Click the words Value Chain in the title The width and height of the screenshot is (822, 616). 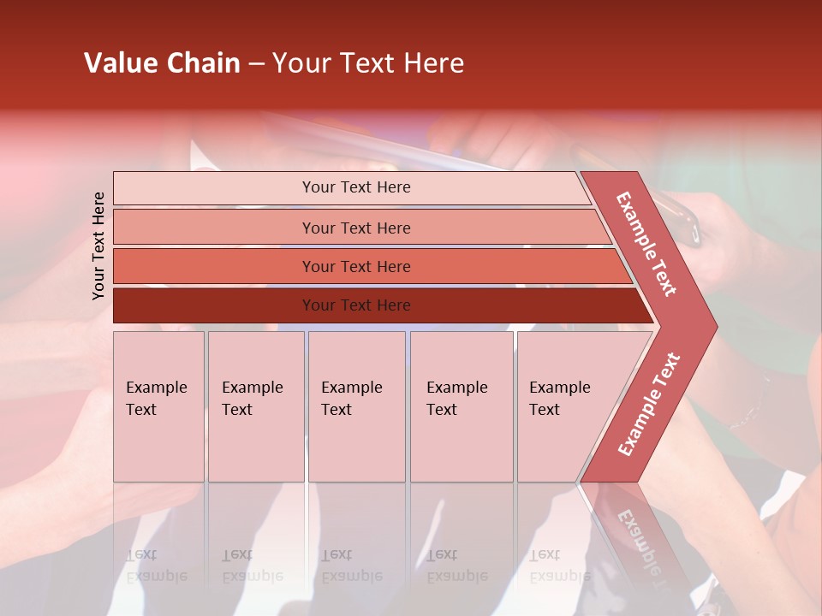click(x=162, y=63)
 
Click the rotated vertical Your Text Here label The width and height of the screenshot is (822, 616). click(x=98, y=246)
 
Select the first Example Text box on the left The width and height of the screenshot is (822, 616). click(x=158, y=406)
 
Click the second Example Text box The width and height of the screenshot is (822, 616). click(x=255, y=406)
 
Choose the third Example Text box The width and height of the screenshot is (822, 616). click(x=355, y=406)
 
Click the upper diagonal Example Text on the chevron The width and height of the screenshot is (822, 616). click(x=646, y=244)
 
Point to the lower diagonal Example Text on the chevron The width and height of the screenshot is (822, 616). click(x=649, y=404)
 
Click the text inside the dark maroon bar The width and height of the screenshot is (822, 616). click(x=356, y=305)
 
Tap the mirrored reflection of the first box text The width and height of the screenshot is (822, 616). click(x=156, y=566)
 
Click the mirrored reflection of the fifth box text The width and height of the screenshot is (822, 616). click(x=559, y=566)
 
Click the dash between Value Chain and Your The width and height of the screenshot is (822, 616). click(x=256, y=64)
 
